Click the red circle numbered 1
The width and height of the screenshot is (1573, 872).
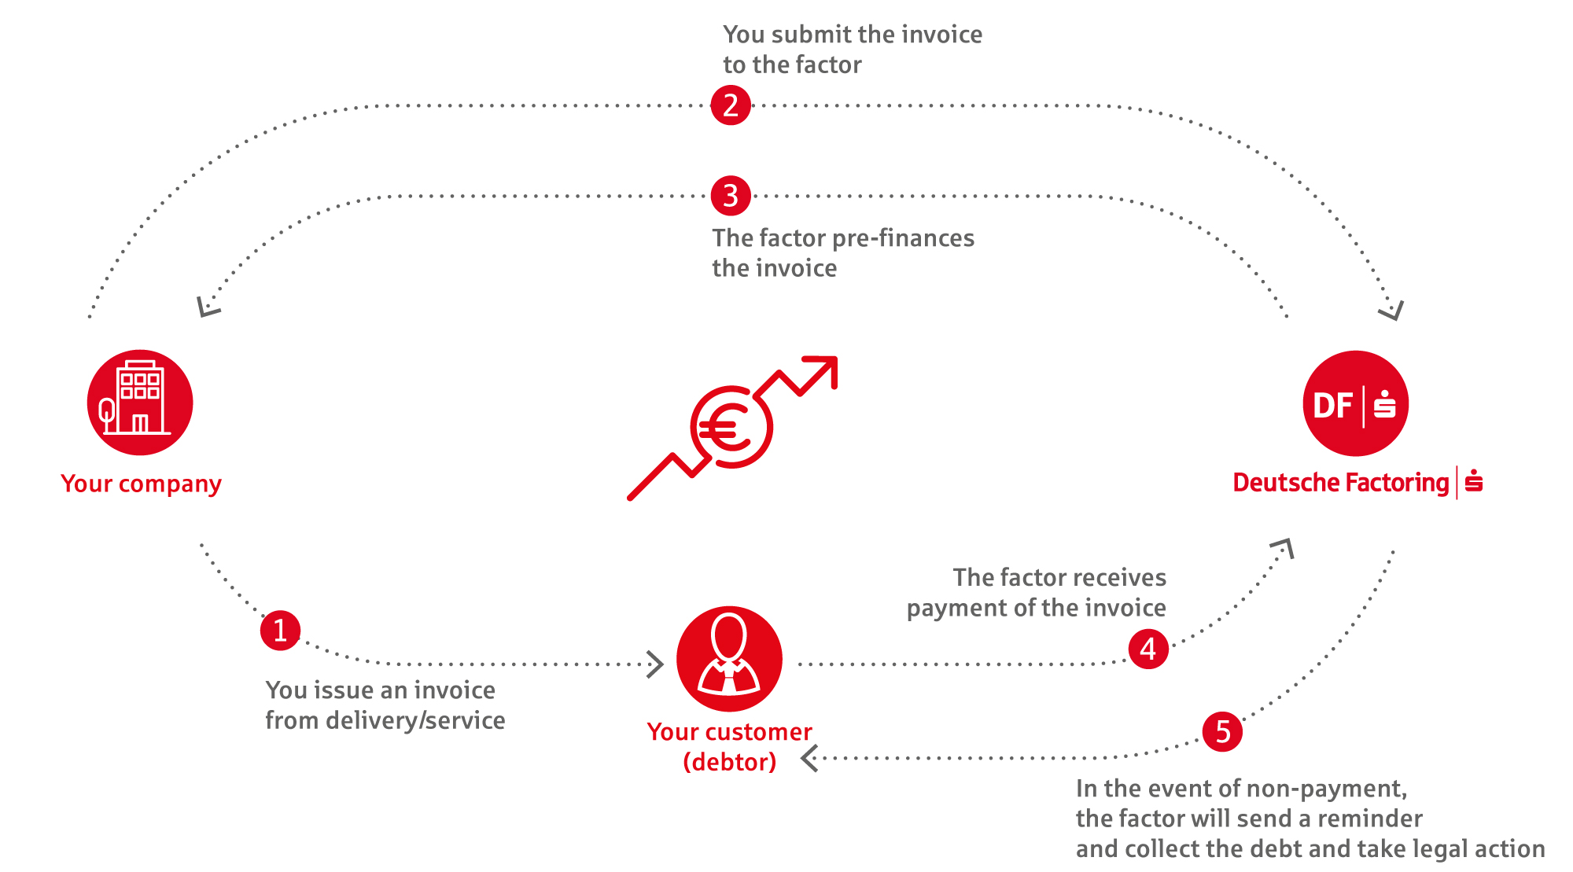point(280,631)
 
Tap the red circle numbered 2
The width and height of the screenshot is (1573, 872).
point(731,105)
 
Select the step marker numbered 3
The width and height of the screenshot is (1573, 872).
point(731,196)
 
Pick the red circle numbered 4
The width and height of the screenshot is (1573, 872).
point(1148,649)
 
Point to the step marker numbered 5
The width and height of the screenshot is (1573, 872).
point(1223,732)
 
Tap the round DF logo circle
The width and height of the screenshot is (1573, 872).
point(1356,403)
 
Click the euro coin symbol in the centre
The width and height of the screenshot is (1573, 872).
point(731,427)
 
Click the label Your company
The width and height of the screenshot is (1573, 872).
point(141,484)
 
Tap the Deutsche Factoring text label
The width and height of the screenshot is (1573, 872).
point(1341,482)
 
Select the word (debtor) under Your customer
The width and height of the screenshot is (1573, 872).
point(730,762)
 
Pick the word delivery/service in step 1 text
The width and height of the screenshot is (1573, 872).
point(415,720)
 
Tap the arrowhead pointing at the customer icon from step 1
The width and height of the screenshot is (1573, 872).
point(655,664)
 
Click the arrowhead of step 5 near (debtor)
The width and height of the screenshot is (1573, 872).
point(809,759)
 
